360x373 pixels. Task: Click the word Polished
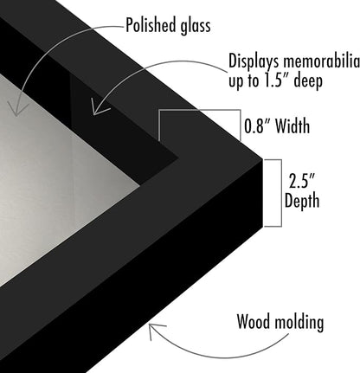151,25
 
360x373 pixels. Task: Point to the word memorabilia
321,61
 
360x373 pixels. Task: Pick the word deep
308,80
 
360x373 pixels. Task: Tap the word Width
292,125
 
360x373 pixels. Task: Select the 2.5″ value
301,181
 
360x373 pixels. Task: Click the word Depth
302,201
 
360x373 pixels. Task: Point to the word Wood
253,321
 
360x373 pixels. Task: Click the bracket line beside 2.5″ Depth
281,193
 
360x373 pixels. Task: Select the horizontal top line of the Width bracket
200,110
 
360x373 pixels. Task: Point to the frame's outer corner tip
262,159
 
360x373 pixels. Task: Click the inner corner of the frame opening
178,158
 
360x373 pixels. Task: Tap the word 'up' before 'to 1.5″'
235,82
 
